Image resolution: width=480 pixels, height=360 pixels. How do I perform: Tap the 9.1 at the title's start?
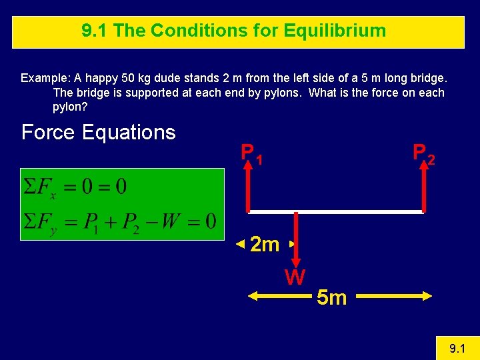[x=94, y=31]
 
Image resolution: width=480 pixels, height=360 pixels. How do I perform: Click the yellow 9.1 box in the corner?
[x=456, y=348]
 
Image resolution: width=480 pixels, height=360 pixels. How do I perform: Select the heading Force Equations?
[x=98, y=133]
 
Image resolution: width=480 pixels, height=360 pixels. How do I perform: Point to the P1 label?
[x=251, y=154]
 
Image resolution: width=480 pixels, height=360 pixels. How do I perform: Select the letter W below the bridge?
[x=295, y=276]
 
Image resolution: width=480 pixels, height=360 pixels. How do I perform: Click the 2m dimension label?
[x=265, y=245]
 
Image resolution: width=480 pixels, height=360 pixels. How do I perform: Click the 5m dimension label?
[x=331, y=297]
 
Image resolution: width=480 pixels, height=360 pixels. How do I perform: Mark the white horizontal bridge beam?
[x=335, y=211]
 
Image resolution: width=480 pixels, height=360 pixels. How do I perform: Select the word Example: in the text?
[x=45, y=78]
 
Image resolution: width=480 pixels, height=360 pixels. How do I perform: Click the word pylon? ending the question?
[x=69, y=107]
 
